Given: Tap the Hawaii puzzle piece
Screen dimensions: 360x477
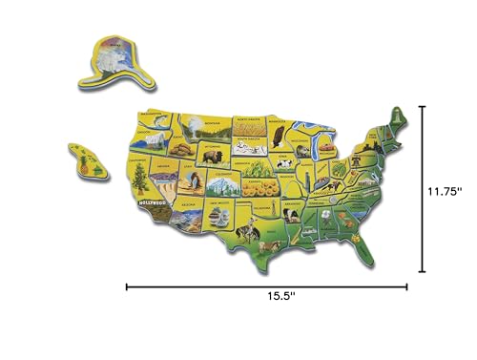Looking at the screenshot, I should coord(85,158).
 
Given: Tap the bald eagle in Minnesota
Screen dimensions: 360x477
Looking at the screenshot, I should coord(278,138).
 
